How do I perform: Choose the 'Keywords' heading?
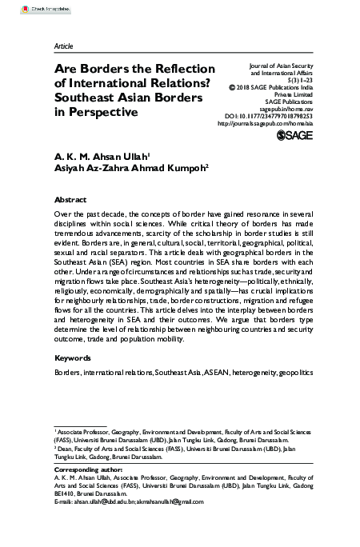72,357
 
